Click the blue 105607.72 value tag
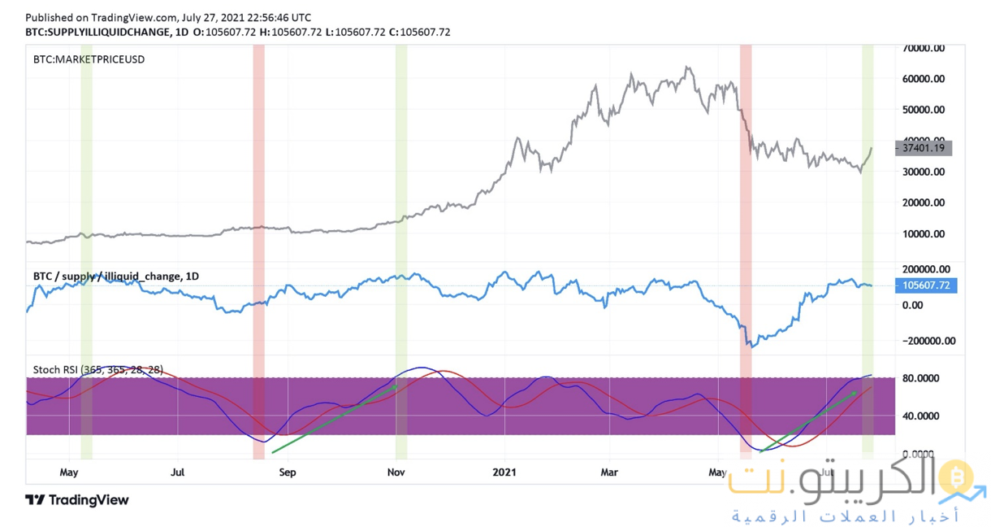point(924,285)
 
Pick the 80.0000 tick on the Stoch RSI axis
point(925,378)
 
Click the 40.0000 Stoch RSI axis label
point(925,416)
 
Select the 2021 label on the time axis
point(504,472)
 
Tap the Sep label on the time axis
point(287,472)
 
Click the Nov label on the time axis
point(396,472)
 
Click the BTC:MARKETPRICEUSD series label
point(89,59)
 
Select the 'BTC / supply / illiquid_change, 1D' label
point(116,277)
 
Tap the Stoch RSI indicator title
point(98,370)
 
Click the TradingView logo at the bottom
point(77,500)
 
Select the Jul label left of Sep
point(179,472)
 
